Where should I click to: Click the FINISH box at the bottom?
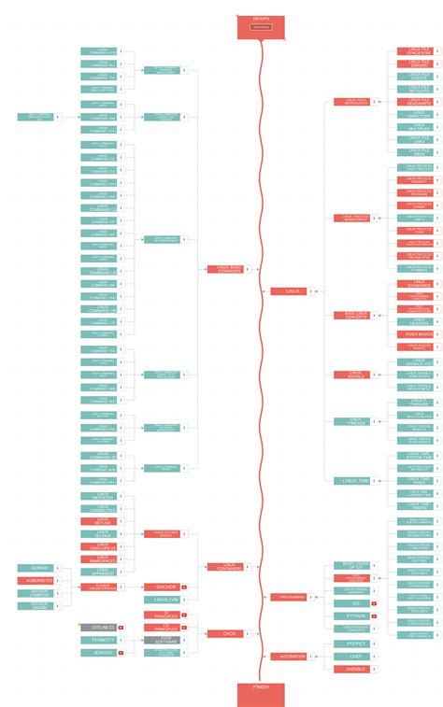(260, 690)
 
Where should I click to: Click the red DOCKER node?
(161, 587)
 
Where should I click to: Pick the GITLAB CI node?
(97, 627)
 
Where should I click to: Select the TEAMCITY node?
(97, 640)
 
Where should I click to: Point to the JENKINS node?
(97, 652)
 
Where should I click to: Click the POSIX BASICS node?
(413, 333)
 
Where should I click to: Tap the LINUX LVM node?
(161, 599)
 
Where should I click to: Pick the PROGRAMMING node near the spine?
(287, 597)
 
